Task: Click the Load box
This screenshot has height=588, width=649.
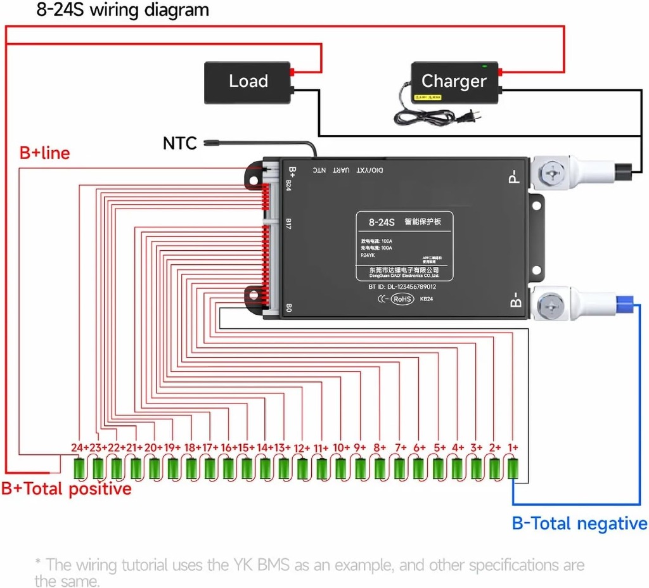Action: (x=247, y=82)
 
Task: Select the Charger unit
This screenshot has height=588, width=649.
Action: (x=454, y=81)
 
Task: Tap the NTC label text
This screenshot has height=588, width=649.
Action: (x=180, y=143)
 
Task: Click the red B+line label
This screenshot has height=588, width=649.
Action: (x=44, y=153)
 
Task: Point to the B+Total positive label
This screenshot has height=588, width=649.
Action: (x=66, y=489)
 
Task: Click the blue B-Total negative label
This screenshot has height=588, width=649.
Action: (x=579, y=523)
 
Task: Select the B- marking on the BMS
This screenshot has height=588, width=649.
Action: (x=515, y=300)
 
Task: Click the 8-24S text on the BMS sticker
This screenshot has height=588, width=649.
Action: (x=382, y=222)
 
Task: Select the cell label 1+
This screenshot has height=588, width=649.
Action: (x=513, y=448)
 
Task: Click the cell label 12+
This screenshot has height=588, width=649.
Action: (x=302, y=448)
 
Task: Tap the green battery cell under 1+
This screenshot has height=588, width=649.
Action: (x=514, y=468)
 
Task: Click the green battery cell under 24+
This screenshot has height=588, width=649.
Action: (x=80, y=468)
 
